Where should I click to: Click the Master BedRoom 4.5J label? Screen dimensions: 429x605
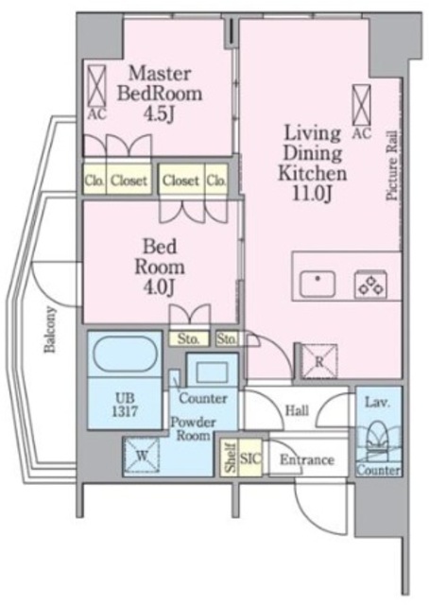[160, 94]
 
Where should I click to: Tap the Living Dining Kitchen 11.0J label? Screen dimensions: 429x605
[313, 164]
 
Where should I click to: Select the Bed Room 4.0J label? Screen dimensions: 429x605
[160, 267]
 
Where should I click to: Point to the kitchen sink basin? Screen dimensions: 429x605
[317, 284]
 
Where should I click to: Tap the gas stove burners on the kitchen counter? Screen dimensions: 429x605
[370, 285]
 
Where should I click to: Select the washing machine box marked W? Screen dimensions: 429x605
[141, 456]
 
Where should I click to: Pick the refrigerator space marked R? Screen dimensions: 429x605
[319, 361]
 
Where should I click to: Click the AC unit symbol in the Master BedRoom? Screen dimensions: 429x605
[96, 86]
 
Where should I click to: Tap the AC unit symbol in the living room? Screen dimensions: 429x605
[362, 105]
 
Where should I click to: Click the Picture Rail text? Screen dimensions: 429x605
[392, 165]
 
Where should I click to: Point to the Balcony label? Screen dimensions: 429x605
[50, 329]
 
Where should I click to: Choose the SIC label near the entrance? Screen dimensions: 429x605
[250, 458]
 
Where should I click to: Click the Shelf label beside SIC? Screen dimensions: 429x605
[231, 458]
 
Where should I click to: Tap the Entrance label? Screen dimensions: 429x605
[307, 459]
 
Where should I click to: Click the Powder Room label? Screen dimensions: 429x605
[193, 428]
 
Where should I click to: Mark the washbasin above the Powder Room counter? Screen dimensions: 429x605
[212, 372]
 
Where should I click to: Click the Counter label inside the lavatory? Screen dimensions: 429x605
[378, 470]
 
